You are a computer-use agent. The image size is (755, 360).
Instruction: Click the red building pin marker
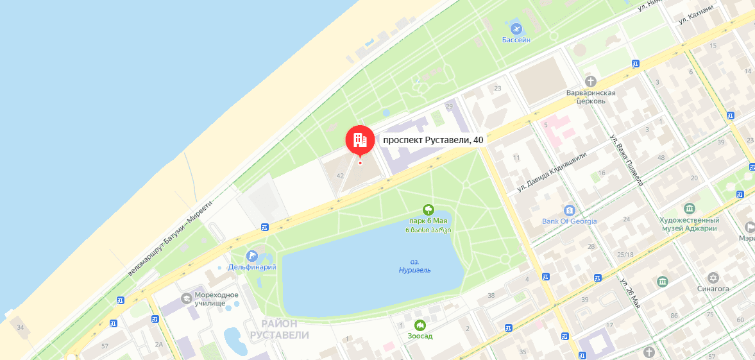click(x=359, y=139)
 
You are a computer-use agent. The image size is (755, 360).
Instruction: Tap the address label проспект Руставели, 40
click(x=433, y=139)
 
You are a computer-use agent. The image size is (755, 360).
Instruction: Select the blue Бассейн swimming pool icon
click(x=516, y=29)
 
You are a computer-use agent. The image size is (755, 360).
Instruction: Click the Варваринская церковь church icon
click(x=591, y=81)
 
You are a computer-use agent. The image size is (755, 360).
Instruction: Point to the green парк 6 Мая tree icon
click(x=428, y=209)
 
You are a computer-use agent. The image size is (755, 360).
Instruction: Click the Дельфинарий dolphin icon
click(x=251, y=256)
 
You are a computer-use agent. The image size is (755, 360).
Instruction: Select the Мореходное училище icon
click(x=186, y=298)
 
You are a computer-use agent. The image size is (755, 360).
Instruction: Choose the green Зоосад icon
click(x=420, y=325)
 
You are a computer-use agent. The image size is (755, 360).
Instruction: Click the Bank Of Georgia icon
click(x=569, y=210)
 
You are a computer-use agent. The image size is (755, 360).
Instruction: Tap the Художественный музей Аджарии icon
click(x=690, y=209)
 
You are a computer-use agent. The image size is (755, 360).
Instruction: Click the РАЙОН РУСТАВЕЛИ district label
click(x=280, y=330)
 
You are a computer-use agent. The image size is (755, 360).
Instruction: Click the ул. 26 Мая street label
click(x=630, y=295)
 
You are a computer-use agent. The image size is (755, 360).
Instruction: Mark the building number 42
click(x=340, y=175)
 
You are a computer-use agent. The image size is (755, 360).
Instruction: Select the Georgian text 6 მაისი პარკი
click(x=428, y=230)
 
